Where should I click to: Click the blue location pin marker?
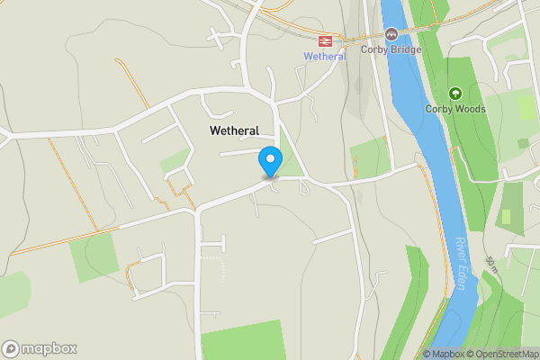[270, 161]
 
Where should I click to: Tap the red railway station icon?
[325, 40]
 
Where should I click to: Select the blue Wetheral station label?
[324, 56]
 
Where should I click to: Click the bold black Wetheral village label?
[234, 130]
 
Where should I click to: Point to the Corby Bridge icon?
[391, 34]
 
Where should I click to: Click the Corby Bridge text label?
[391, 49]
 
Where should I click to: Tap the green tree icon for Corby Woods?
[455, 93]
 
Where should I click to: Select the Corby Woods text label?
[455, 109]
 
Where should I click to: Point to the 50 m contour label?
[491, 265]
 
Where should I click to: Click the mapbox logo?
[39, 348]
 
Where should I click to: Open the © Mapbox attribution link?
[445, 354]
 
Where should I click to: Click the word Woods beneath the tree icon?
[471, 109]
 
